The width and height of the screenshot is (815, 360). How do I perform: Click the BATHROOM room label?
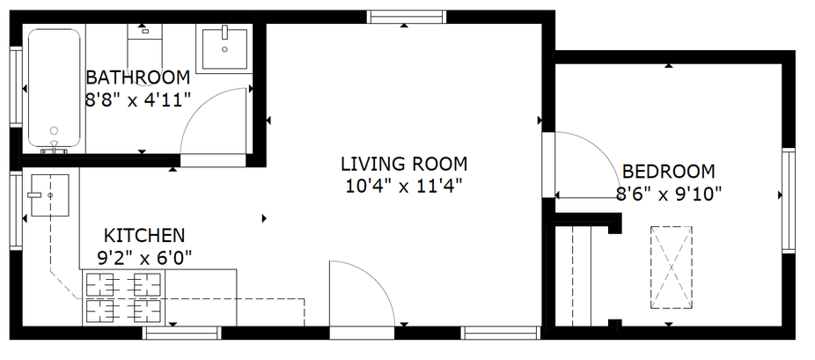[137, 78]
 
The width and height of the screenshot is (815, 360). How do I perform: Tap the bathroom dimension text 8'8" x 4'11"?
[137, 99]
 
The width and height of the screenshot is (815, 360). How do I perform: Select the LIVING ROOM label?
[404, 164]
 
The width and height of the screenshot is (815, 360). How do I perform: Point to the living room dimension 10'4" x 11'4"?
[404, 186]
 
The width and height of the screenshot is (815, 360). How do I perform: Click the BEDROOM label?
[669, 172]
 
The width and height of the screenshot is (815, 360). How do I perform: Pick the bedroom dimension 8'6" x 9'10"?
[669, 194]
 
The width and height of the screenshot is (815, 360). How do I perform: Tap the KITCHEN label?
[144, 236]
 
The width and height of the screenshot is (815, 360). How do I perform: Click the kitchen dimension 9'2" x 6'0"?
[144, 257]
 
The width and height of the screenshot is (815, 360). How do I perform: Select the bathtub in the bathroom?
[54, 88]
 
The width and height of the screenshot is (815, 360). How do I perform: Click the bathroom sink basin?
[224, 48]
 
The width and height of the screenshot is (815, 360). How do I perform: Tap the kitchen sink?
[50, 195]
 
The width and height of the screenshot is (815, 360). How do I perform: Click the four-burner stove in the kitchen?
[123, 298]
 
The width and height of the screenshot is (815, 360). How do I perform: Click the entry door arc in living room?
[377, 280]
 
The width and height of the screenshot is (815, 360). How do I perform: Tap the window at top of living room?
[407, 17]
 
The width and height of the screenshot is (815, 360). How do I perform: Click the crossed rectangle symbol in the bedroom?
[671, 268]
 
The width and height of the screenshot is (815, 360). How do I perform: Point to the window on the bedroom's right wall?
[789, 201]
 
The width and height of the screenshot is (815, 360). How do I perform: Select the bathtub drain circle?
[54, 130]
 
